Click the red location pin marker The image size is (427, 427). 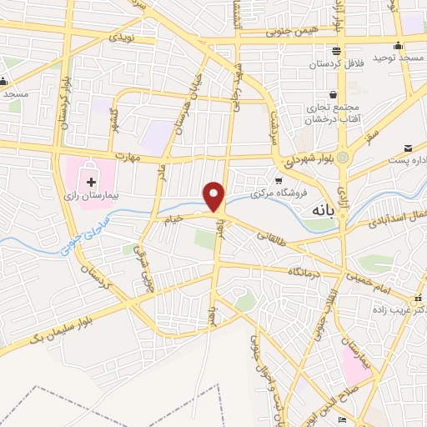pos(215,195)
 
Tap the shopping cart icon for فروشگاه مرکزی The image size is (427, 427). pos(279,179)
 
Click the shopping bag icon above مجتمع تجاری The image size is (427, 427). pos(334,94)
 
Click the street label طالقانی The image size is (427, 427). pos(272,239)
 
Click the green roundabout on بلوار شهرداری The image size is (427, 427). pos(344,155)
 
